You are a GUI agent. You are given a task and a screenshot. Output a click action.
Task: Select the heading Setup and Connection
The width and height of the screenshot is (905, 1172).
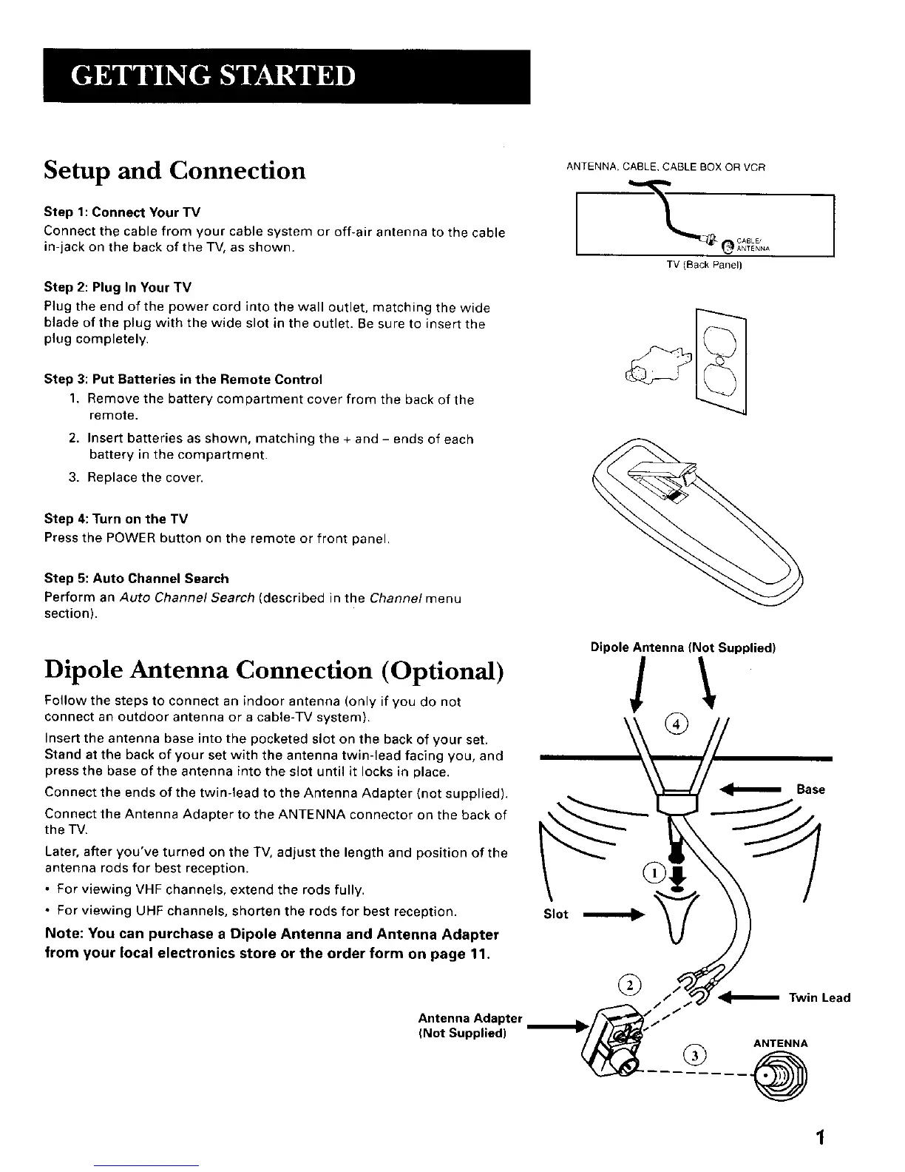[x=174, y=171]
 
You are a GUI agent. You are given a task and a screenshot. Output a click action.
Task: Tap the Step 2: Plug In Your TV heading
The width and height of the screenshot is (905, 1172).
[x=118, y=287]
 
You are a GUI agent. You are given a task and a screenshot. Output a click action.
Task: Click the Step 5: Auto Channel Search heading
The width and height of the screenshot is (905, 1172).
[x=137, y=579]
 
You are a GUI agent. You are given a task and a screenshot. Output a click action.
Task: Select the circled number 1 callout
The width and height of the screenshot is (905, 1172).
[x=654, y=873]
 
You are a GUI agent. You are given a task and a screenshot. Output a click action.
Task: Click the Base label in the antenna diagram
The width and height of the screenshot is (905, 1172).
[x=810, y=789]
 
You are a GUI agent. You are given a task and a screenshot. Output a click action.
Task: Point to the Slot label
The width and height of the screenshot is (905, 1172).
[x=556, y=915]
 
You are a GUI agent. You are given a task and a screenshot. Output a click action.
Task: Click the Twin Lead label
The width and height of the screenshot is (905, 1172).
[x=819, y=997]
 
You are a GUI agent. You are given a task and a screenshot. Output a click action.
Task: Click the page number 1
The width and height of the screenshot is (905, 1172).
[x=820, y=1138]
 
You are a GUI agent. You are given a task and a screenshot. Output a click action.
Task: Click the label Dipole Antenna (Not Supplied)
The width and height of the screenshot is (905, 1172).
[x=682, y=648]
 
